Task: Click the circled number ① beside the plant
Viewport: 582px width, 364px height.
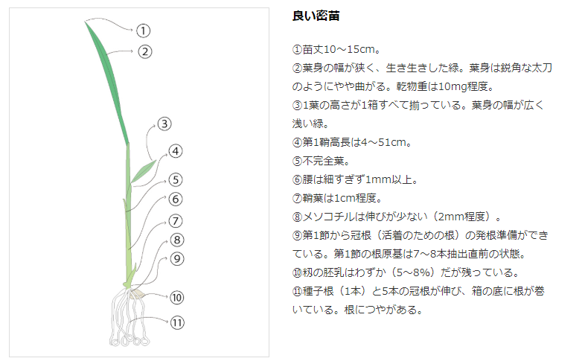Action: point(144,31)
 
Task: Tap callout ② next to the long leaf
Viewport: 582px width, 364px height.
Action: point(145,51)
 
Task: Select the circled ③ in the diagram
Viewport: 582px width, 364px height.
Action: point(165,124)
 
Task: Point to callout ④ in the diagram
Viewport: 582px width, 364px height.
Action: point(175,151)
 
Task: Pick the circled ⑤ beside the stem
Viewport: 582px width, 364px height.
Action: point(175,179)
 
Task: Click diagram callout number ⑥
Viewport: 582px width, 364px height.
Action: point(175,199)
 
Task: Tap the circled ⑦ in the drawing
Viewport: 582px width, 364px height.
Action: point(176,221)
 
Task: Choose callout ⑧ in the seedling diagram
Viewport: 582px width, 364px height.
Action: point(176,240)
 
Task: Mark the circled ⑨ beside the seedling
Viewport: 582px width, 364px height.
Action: point(176,259)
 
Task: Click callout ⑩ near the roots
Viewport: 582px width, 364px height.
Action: point(176,298)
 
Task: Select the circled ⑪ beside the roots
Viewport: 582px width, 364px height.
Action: point(176,323)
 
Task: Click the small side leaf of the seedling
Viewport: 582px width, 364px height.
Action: point(144,172)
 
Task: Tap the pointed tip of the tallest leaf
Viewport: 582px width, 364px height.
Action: point(86,22)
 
